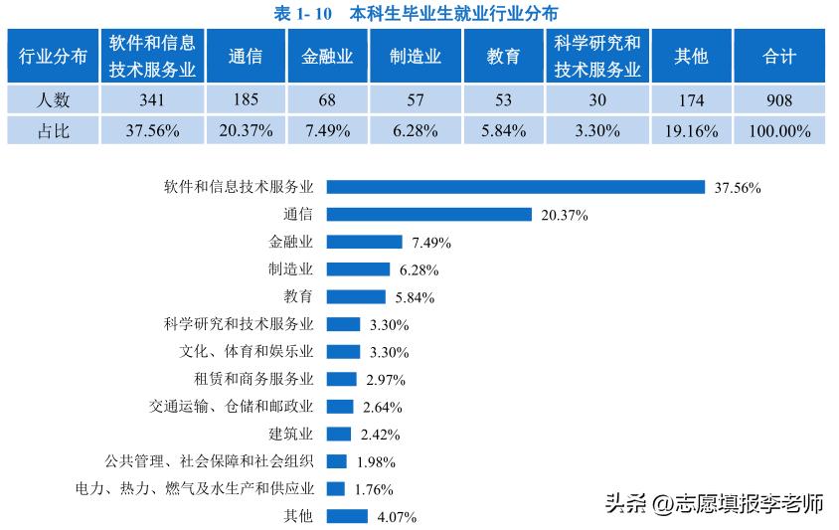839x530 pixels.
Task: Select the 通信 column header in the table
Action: [x=245, y=57]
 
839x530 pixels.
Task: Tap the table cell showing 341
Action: [x=152, y=100]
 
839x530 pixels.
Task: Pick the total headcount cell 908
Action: [x=779, y=100]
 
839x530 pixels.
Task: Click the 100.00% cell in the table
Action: [x=779, y=130]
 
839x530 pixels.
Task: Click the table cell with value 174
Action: [x=691, y=100]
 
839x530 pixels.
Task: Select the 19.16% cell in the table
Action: [x=691, y=130]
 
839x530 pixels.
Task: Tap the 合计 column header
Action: [x=779, y=57]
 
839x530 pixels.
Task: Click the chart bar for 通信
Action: [x=429, y=214]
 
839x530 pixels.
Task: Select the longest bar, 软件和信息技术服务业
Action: [x=516, y=186]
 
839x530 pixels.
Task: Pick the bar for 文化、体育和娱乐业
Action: [x=343, y=351]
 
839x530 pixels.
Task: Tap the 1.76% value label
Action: [x=374, y=489]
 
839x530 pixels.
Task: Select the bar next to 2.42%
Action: [x=339, y=434]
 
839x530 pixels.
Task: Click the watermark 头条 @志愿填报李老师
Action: [x=714, y=503]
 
